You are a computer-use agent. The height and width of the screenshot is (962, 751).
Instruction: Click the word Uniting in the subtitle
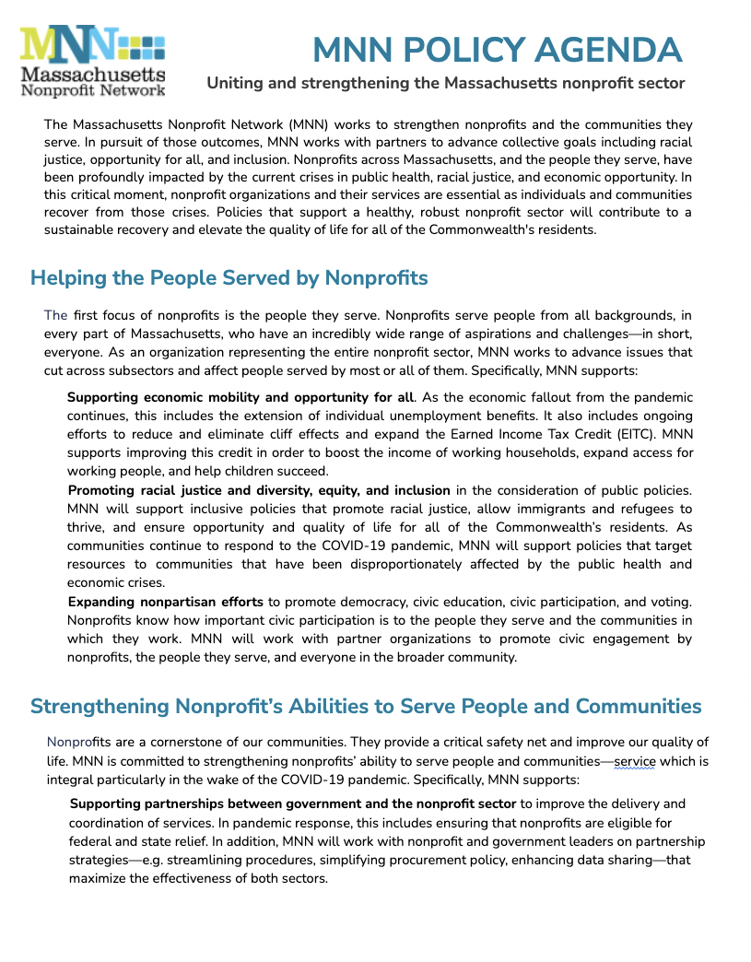tap(235, 84)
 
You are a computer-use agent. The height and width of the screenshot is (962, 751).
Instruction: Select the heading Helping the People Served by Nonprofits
tap(229, 277)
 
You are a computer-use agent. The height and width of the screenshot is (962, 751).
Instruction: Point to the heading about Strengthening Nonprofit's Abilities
tap(366, 707)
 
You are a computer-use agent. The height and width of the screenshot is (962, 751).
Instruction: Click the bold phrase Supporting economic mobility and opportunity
tap(240, 397)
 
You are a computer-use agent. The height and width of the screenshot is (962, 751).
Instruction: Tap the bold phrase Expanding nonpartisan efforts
tap(166, 602)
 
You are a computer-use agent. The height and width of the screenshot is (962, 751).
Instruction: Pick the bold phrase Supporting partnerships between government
tap(293, 804)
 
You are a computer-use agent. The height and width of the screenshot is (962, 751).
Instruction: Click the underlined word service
tap(634, 761)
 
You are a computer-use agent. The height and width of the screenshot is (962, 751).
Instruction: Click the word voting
tap(671, 602)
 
